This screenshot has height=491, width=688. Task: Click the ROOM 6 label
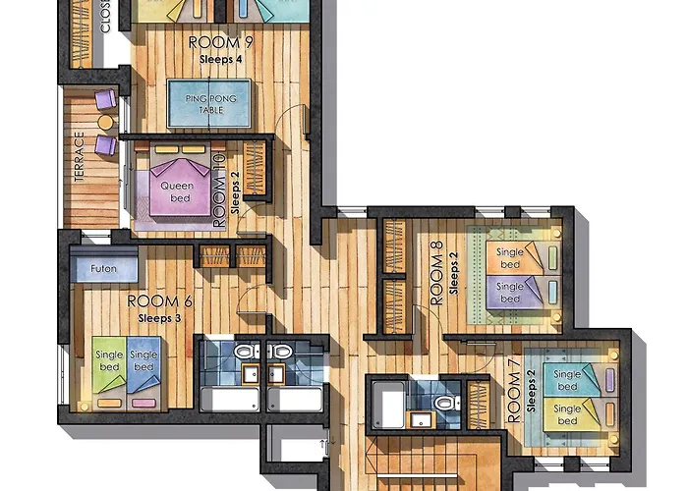coord(160,300)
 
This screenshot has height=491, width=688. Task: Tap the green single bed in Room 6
coord(108,369)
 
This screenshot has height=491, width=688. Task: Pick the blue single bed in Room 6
coord(143,369)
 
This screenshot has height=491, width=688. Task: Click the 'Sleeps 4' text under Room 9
coord(220,59)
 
